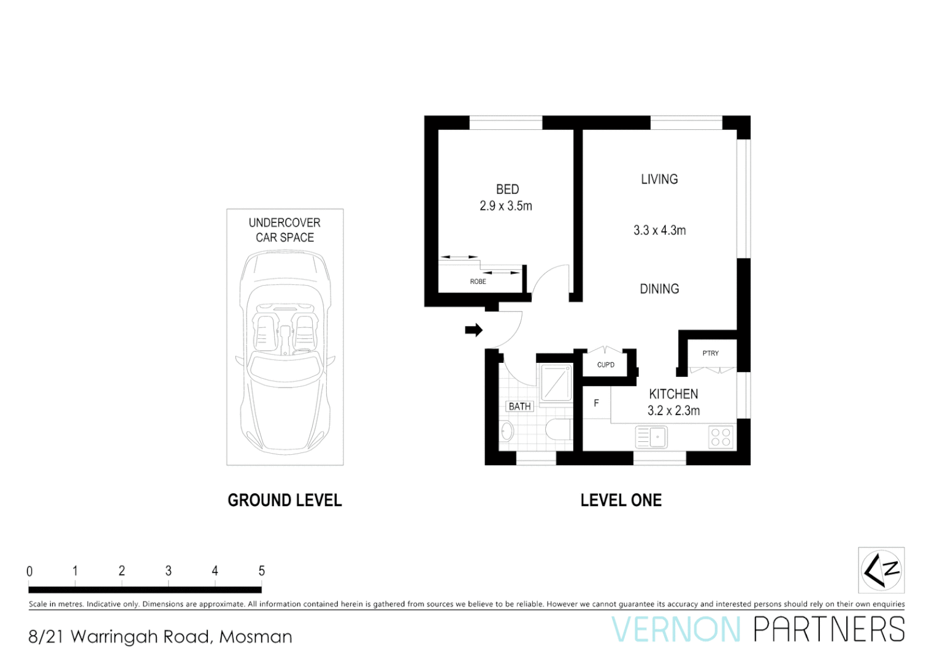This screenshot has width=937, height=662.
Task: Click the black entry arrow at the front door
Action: click(x=473, y=330)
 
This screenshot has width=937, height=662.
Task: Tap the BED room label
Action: click(x=507, y=189)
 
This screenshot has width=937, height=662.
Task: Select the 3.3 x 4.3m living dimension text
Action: click(x=659, y=230)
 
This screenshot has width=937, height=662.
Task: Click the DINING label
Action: click(x=659, y=289)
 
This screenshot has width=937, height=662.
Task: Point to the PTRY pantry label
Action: click(x=710, y=353)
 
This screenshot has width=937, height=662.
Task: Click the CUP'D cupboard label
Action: click(x=605, y=365)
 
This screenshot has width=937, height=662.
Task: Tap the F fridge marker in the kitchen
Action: click(x=596, y=403)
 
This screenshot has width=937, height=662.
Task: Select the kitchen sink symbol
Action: click(x=652, y=437)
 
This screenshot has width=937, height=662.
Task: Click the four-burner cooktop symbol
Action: click(x=721, y=437)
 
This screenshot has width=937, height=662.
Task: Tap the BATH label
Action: click(x=519, y=406)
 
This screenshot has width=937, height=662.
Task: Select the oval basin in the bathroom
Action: click(x=507, y=431)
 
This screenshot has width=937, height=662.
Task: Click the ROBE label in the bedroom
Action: click(x=478, y=282)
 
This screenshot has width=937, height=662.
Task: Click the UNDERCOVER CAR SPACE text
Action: click(x=285, y=230)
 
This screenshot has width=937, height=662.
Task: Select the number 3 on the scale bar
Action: click(x=168, y=571)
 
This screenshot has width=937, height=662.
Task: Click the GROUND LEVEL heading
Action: click(x=285, y=500)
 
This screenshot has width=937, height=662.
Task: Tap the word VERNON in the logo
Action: click(x=676, y=630)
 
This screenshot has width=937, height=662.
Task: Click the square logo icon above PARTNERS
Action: click(x=881, y=570)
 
